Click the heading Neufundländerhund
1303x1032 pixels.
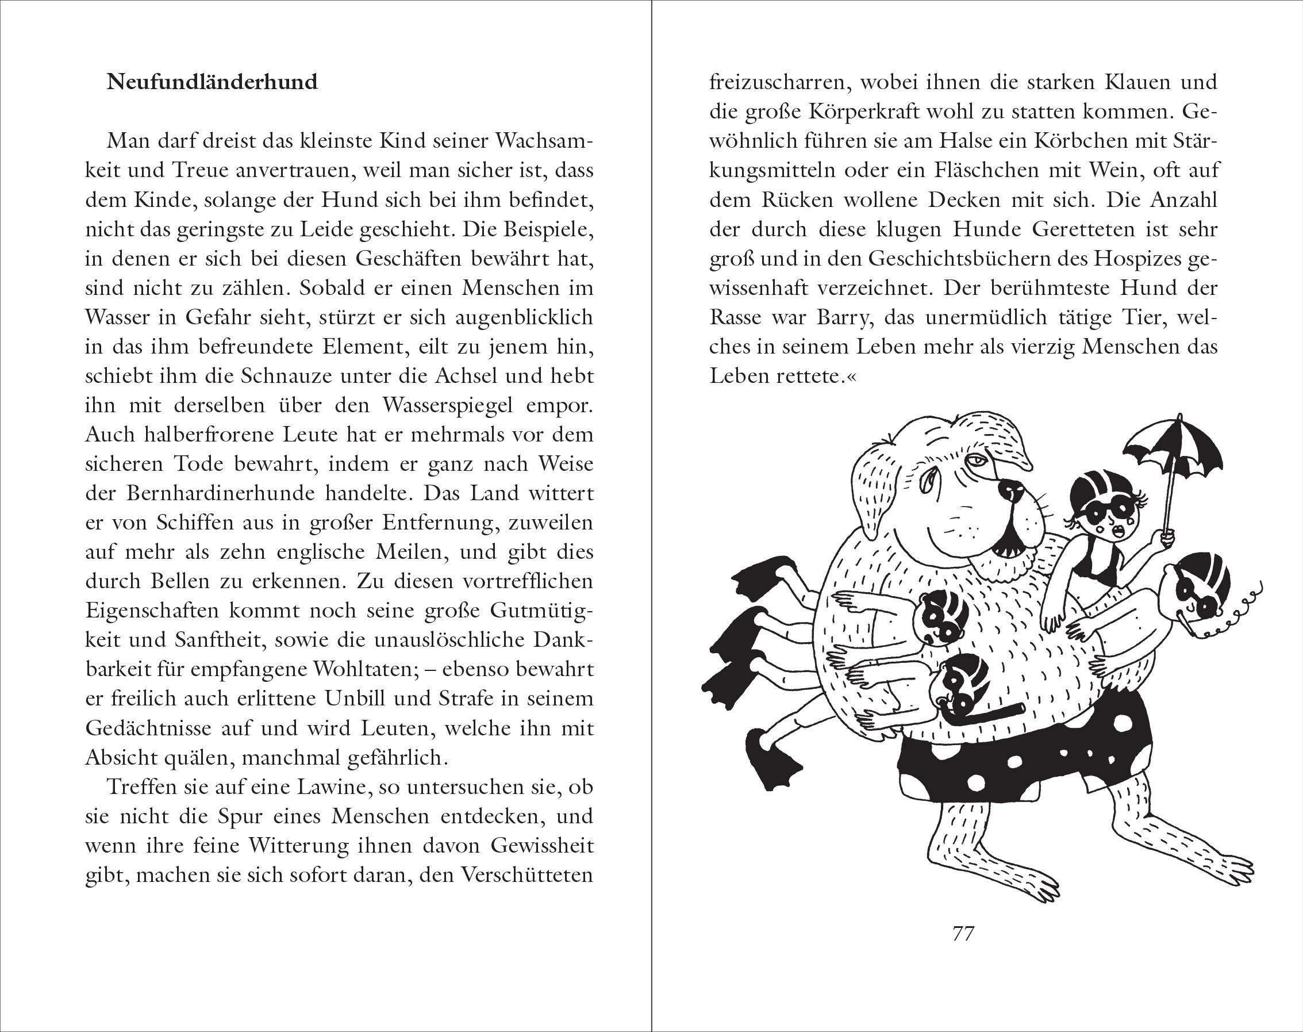click(212, 82)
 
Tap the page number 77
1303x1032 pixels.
click(963, 934)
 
